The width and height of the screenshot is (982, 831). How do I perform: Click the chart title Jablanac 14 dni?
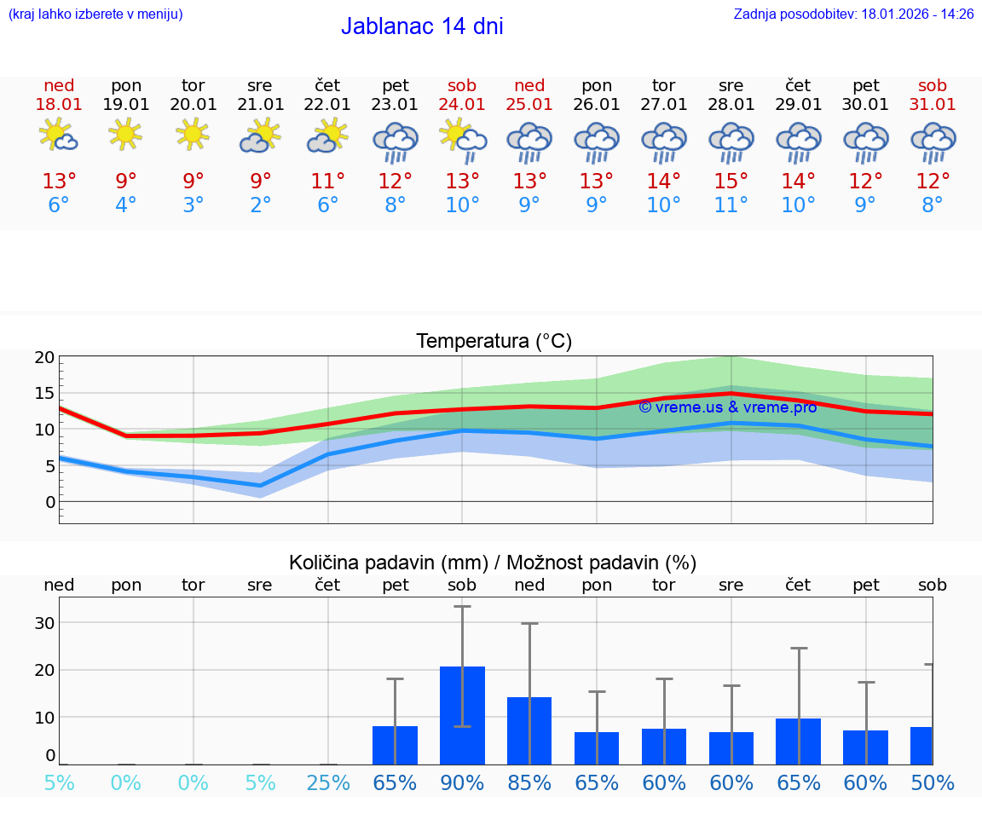tap(422, 26)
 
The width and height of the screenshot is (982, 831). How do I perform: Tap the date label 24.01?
tap(462, 105)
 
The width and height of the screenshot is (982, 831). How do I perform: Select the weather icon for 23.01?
tap(395, 141)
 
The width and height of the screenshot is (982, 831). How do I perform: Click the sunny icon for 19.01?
tap(125, 134)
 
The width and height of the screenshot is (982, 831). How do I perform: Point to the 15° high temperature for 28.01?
tap(731, 182)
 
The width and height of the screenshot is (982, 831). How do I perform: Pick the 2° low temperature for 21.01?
tap(260, 205)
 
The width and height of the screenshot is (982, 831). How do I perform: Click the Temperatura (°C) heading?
tap(494, 342)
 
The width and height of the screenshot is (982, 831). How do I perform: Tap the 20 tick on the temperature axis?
tap(44, 358)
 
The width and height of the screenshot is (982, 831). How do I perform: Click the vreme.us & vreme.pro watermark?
tap(727, 407)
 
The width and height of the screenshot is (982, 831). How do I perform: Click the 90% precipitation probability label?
tap(462, 782)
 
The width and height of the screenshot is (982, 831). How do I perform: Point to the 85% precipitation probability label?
tap(529, 782)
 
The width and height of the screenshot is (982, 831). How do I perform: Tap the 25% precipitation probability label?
tap(328, 782)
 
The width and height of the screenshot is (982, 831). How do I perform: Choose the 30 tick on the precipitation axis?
tap(44, 623)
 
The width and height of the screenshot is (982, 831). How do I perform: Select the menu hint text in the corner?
tap(95, 14)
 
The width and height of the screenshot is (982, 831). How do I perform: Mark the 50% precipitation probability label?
tap(933, 782)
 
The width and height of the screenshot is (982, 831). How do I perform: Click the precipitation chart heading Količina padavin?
tap(493, 563)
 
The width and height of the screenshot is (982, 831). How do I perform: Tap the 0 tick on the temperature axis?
tap(49, 502)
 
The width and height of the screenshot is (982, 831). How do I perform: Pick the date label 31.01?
tap(933, 105)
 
